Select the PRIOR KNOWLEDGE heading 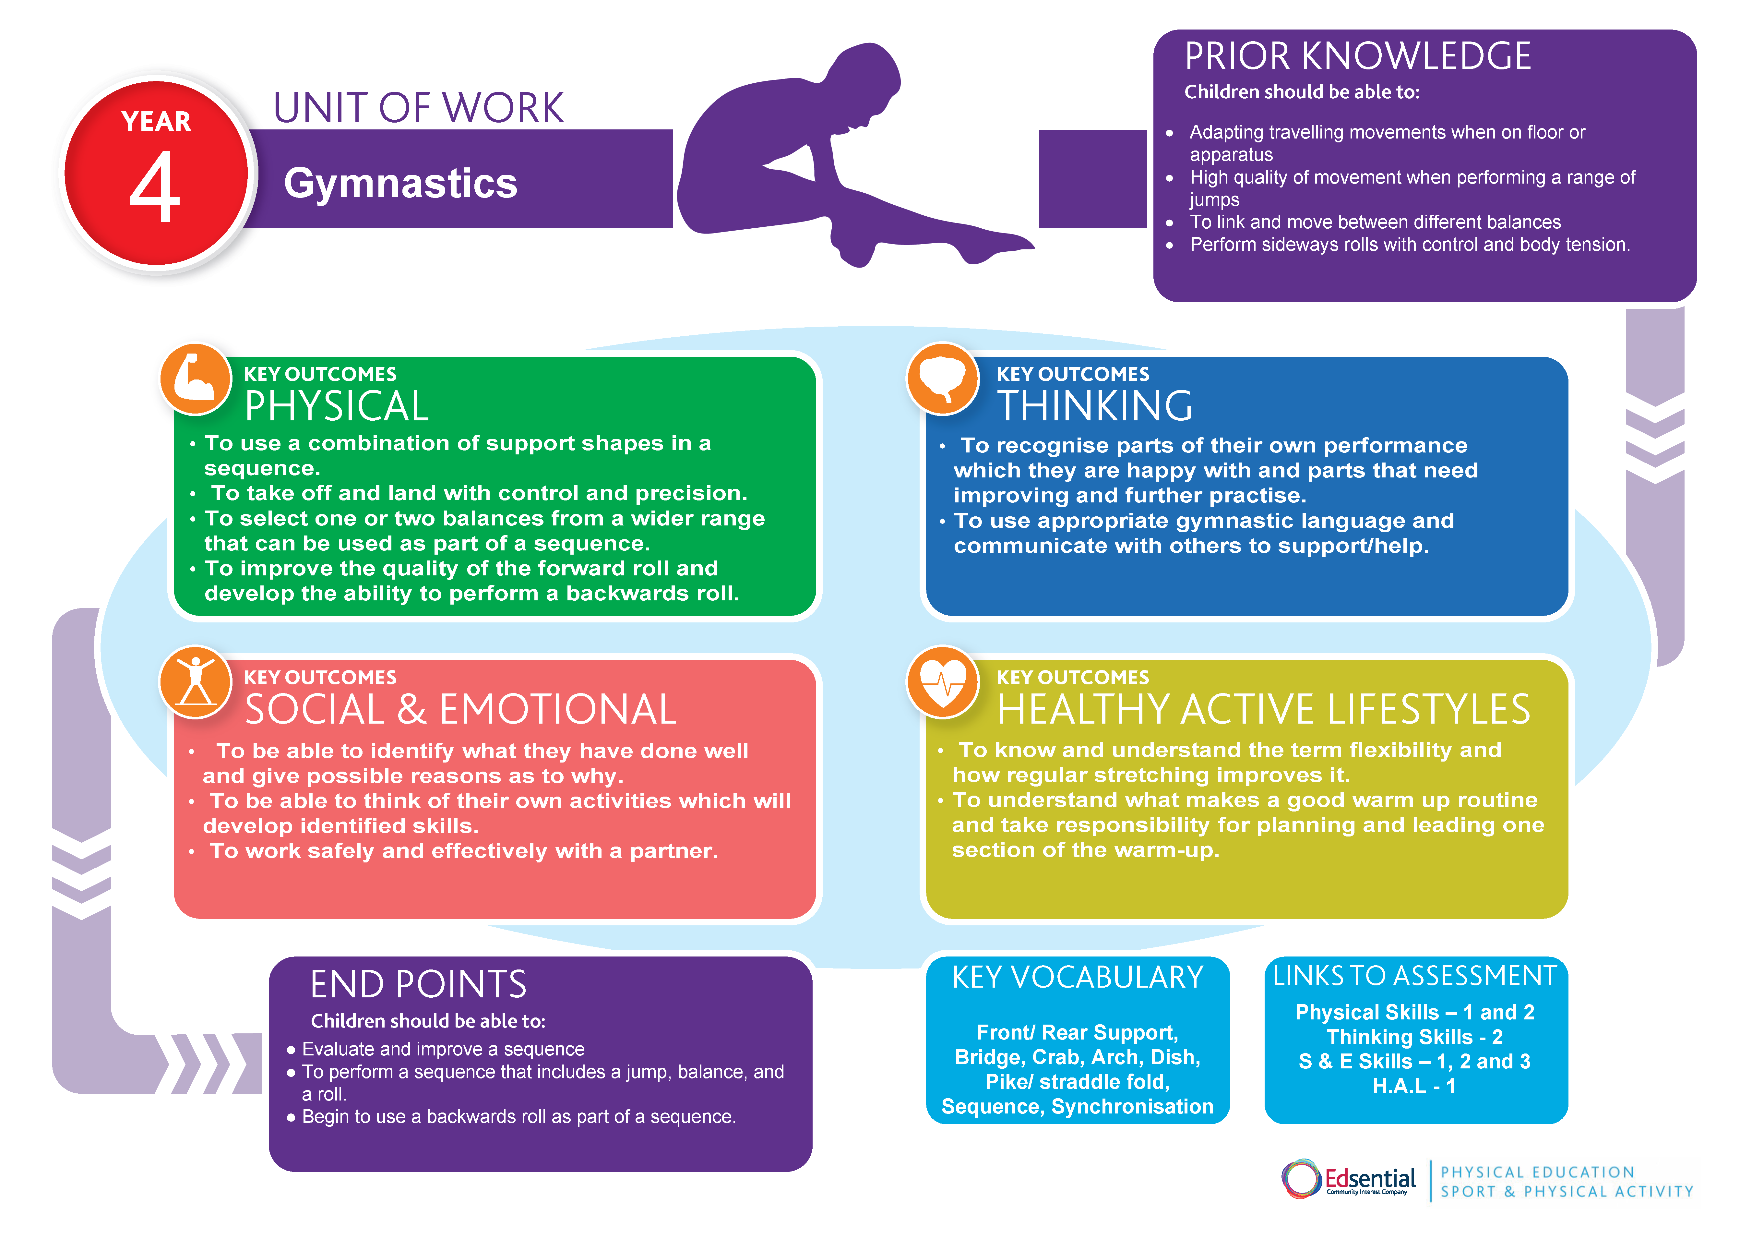[1357, 56]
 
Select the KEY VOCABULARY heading [1078, 978]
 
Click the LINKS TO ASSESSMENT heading [1414, 976]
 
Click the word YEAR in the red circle [156, 121]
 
